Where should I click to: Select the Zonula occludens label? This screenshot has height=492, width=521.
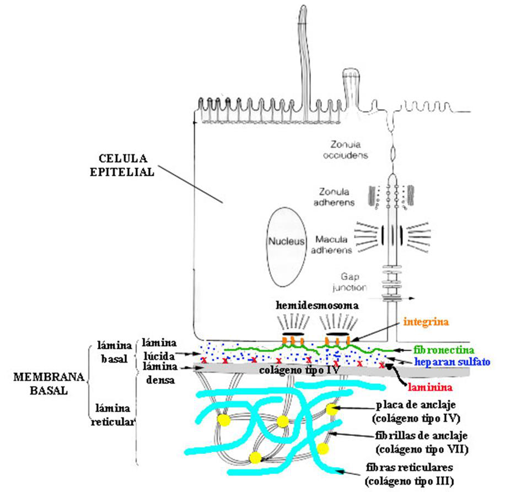point(346,150)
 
